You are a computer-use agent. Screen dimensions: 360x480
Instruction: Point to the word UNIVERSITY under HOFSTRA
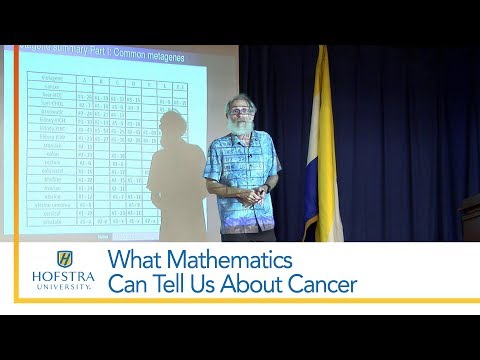tap(65, 285)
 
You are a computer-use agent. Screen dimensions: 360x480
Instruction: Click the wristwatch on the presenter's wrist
tap(267, 186)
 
